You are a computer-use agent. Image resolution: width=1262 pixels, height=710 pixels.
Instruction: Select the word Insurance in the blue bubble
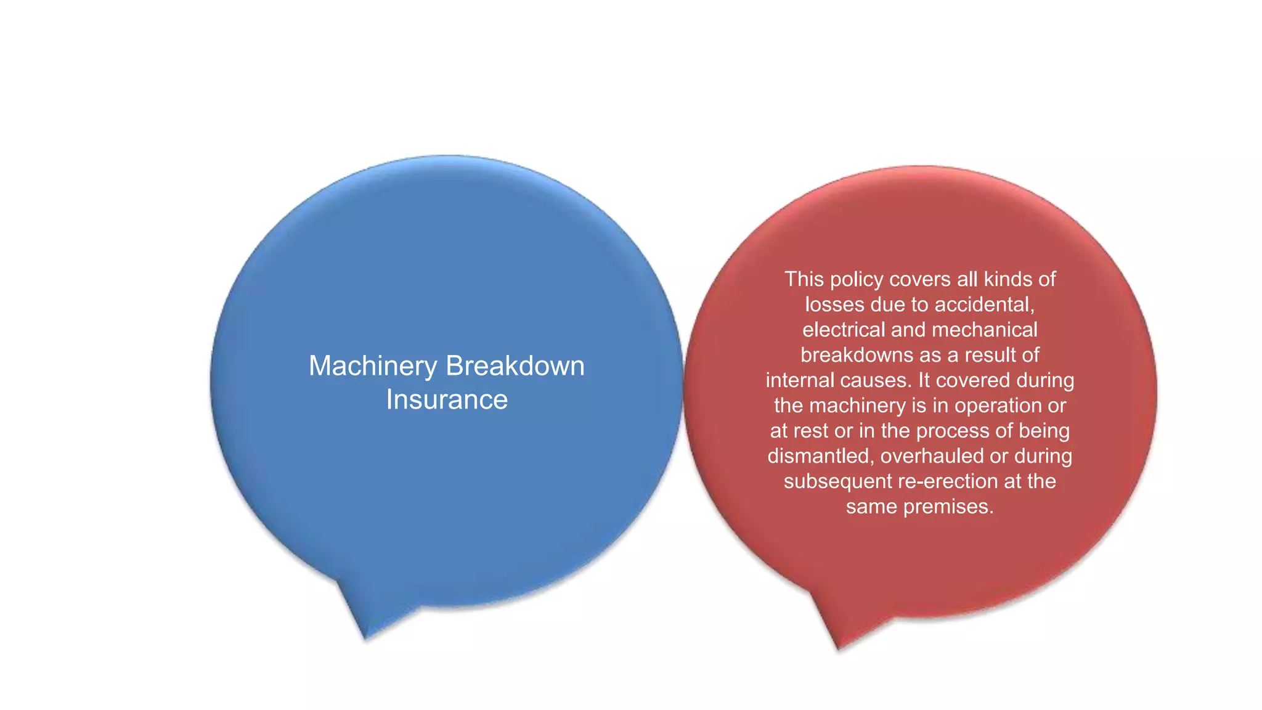[x=447, y=400]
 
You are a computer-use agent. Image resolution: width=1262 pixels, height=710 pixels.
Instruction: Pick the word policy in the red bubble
[x=857, y=279]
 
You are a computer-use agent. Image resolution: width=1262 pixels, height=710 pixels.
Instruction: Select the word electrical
[x=844, y=330]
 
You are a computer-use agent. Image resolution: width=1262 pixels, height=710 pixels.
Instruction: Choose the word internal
[x=799, y=380]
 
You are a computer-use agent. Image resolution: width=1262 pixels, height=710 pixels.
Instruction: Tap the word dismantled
[x=821, y=456]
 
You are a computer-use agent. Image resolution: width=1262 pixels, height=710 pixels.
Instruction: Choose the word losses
[x=835, y=304]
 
